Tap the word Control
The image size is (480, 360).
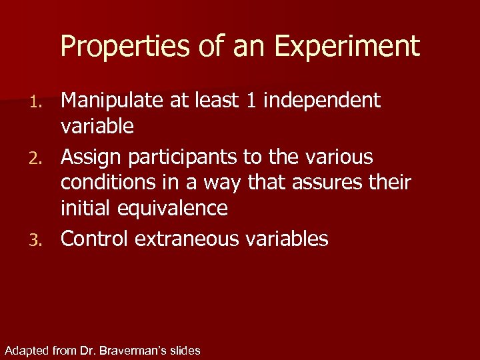(95, 239)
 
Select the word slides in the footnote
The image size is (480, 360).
(186, 351)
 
